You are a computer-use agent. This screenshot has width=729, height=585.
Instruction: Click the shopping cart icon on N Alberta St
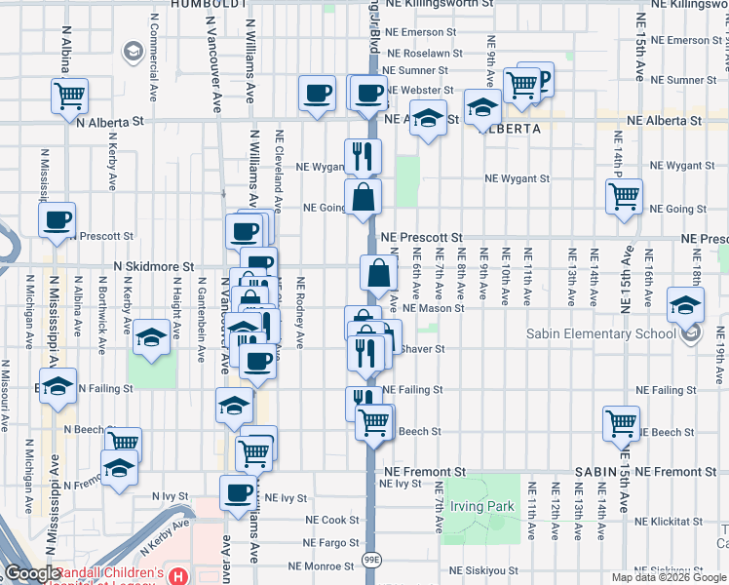(70, 96)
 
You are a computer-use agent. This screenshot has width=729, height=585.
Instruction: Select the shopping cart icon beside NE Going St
(624, 195)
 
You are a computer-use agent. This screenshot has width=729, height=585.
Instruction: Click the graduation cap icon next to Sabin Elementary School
(686, 305)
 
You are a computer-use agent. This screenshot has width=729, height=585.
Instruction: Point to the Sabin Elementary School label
(600, 334)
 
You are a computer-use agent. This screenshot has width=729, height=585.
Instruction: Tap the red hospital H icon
(177, 576)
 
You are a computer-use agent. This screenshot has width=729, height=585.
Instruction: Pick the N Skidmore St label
(155, 265)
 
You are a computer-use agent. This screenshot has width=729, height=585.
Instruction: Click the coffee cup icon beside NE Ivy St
(238, 492)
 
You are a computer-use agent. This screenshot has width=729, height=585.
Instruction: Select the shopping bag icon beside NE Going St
(363, 197)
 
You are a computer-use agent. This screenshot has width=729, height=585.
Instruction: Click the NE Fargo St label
(332, 542)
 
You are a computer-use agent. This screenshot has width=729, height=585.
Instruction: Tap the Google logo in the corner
(31, 573)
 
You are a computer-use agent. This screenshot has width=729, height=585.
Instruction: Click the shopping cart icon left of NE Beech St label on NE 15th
(621, 423)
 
